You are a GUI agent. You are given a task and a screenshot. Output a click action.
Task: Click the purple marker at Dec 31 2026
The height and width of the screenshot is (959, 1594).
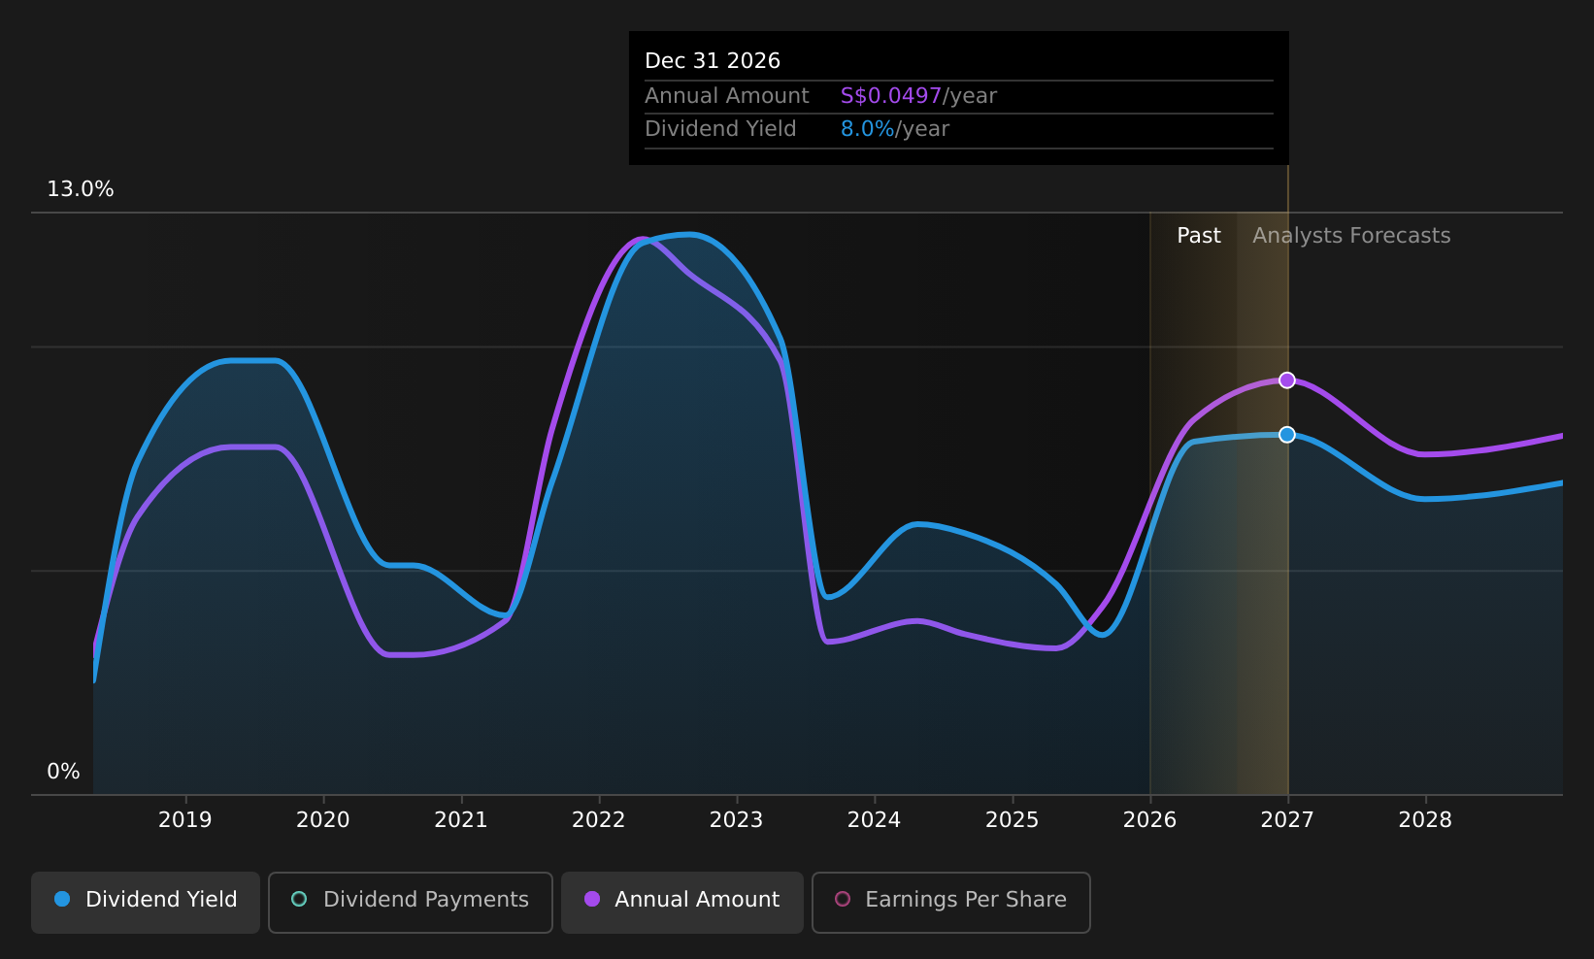(x=1286, y=380)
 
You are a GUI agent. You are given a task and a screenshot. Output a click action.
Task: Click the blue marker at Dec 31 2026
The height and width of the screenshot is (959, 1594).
(x=1286, y=435)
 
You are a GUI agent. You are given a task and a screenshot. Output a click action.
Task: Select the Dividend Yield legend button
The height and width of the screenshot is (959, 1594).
(x=146, y=902)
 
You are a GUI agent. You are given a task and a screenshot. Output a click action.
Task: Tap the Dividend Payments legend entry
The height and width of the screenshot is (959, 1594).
(x=410, y=902)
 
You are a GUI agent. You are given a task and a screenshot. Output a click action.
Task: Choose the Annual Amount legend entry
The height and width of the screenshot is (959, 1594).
(x=681, y=902)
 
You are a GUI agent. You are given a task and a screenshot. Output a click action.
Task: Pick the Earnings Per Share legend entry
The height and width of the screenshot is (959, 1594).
(x=950, y=902)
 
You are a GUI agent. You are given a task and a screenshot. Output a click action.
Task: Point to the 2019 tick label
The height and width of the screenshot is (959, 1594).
(x=185, y=820)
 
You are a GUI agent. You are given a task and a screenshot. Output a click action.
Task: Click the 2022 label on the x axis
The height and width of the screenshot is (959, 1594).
(x=598, y=820)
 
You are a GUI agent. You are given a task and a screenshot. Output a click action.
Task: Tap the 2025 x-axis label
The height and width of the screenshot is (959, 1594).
(x=1012, y=820)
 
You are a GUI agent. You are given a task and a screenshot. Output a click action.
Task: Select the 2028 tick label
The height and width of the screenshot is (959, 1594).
(x=1425, y=820)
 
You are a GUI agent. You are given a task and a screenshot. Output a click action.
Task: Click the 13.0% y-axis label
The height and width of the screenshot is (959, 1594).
(x=81, y=189)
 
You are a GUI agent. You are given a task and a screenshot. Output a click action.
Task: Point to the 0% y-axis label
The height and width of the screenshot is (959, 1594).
(x=63, y=772)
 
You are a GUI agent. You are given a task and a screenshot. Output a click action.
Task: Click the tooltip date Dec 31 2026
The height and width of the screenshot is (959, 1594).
(x=713, y=61)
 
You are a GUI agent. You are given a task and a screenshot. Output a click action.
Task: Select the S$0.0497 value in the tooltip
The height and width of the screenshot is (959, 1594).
(x=891, y=96)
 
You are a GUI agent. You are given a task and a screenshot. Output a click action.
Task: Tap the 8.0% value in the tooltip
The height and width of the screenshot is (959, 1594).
(x=868, y=129)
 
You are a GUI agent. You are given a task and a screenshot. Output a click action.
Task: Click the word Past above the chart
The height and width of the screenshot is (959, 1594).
(x=1199, y=236)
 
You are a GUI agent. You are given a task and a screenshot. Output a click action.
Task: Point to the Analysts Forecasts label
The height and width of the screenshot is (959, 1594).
(x=1351, y=236)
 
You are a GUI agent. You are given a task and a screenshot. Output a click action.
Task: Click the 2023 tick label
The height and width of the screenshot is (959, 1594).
(x=737, y=820)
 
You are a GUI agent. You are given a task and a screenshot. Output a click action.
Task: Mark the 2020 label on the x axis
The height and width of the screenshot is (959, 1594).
(x=323, y=820)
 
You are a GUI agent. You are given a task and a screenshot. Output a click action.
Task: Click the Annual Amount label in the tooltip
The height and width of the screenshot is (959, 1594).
(x=726, y=96)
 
